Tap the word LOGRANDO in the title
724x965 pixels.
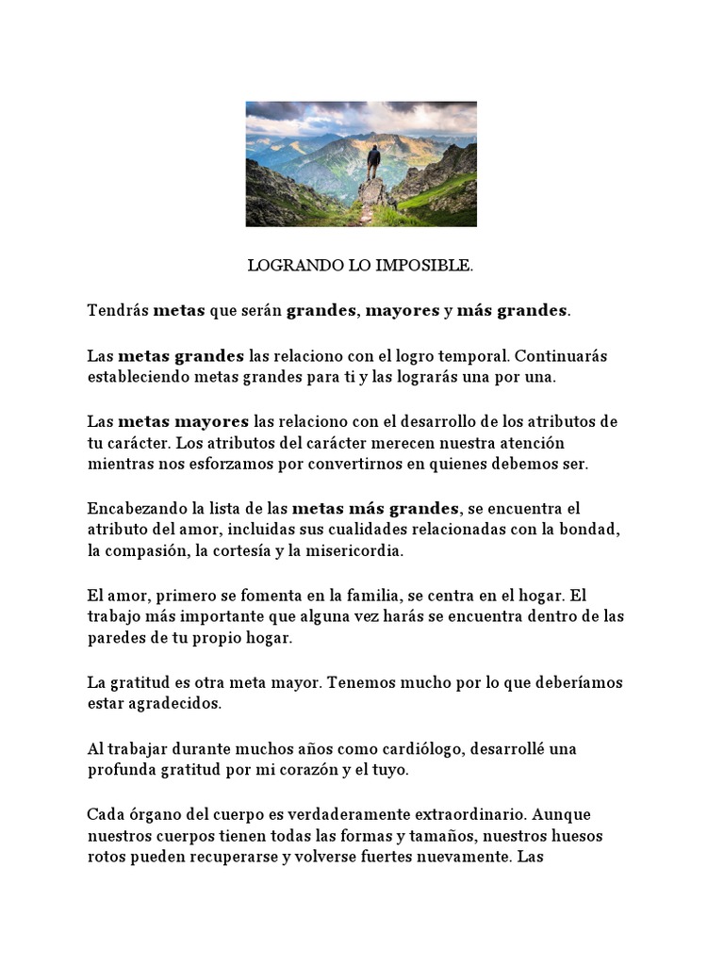284,266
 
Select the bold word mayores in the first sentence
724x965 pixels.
403,310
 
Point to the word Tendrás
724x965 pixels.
118,310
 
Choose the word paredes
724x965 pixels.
116,637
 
